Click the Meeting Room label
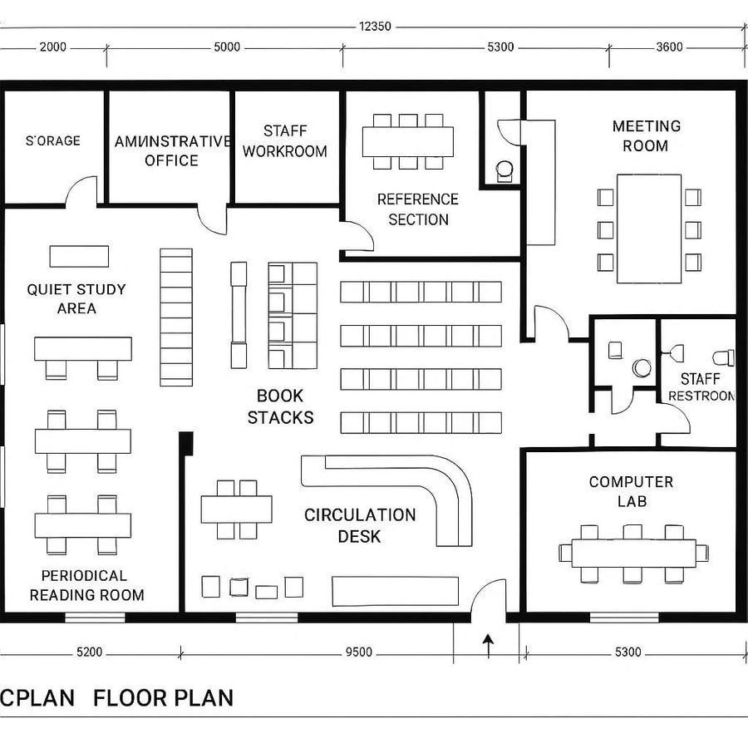point(646,136)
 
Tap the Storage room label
point(53,140)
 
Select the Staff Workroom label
point(284,141)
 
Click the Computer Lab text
point(631,491)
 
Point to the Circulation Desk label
point(359,525)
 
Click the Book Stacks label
point(280,406)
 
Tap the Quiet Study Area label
point(76,298)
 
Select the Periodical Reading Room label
point(86,585)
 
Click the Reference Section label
point(418,209)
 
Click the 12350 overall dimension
point(375,26)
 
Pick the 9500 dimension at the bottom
point(358,652)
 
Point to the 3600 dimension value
point(669,47)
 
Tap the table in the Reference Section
point(408,141)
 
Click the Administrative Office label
point(171,150)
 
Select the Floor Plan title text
point(163,697)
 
